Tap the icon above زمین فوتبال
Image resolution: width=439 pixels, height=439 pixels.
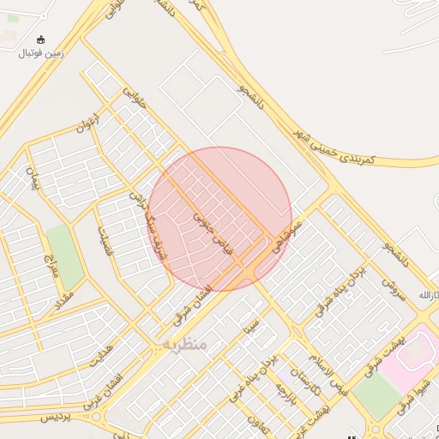[40, 39]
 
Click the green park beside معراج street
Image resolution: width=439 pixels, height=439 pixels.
[64, 257]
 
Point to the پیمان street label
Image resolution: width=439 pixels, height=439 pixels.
[34, 179]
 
